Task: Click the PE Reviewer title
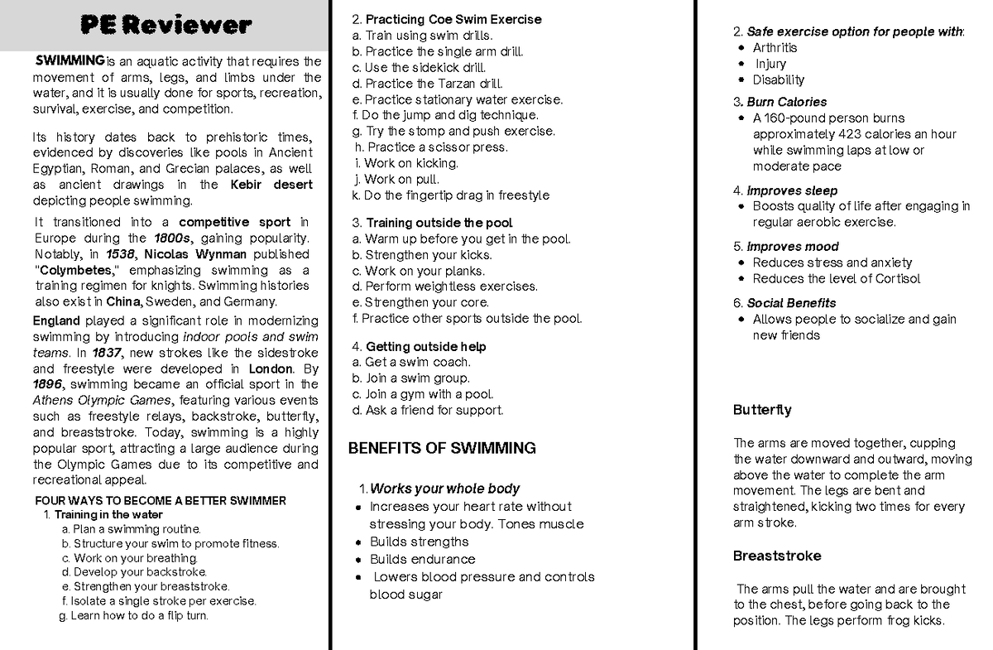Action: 165,26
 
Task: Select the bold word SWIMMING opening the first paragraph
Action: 69,60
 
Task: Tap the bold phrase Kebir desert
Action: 271,185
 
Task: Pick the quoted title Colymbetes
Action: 78,270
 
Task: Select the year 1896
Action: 46,384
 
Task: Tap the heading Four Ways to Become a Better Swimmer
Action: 161,501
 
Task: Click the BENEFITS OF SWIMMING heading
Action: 442,449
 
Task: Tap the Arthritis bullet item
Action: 775,48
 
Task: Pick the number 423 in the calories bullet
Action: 850,134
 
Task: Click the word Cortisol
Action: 893,279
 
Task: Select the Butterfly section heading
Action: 762,410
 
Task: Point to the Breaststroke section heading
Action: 777,556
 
